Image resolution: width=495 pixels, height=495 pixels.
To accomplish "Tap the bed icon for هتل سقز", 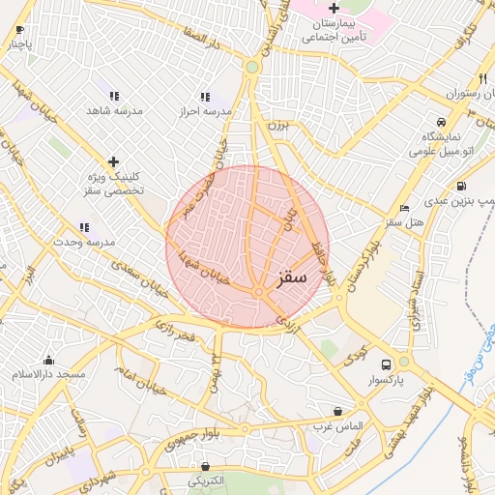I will (x=404, y=208).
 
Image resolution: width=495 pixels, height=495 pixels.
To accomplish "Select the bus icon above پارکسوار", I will (x=386, y=364).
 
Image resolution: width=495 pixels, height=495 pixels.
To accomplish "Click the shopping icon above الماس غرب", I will (x=336, y=411).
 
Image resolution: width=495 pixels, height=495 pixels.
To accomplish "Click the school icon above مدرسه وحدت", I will (x=84, y=227).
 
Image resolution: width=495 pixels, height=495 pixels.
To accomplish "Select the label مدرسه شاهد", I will (x=115, y=111).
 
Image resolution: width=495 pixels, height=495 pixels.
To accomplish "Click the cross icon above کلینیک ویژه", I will (x=113, y=160).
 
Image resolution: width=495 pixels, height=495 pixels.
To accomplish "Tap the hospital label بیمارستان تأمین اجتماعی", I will (x=335, y=30).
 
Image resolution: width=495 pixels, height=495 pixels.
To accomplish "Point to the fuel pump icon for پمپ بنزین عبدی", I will (x=460, y=187).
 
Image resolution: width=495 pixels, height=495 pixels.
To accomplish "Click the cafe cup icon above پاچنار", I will (x=20, y=30).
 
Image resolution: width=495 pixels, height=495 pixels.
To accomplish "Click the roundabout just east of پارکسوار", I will (x=404, y=362).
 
